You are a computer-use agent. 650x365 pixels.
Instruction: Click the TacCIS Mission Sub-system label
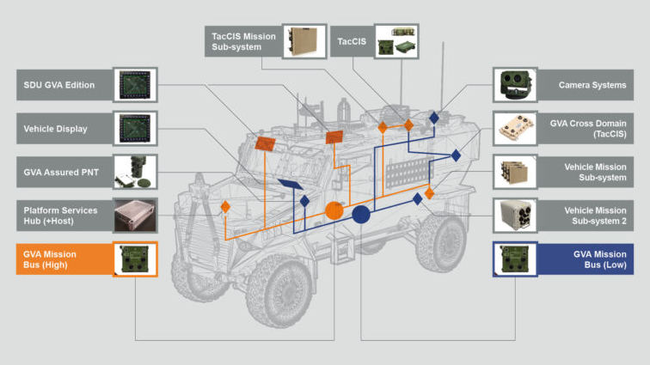[242, 41]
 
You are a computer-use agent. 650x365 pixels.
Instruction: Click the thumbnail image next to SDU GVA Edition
[135, 85]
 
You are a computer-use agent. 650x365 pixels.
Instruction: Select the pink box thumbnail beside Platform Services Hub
[135, 215]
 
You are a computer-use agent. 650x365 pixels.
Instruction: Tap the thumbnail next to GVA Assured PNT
[135, 172]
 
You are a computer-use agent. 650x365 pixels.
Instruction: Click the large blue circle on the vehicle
[361, 214]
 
